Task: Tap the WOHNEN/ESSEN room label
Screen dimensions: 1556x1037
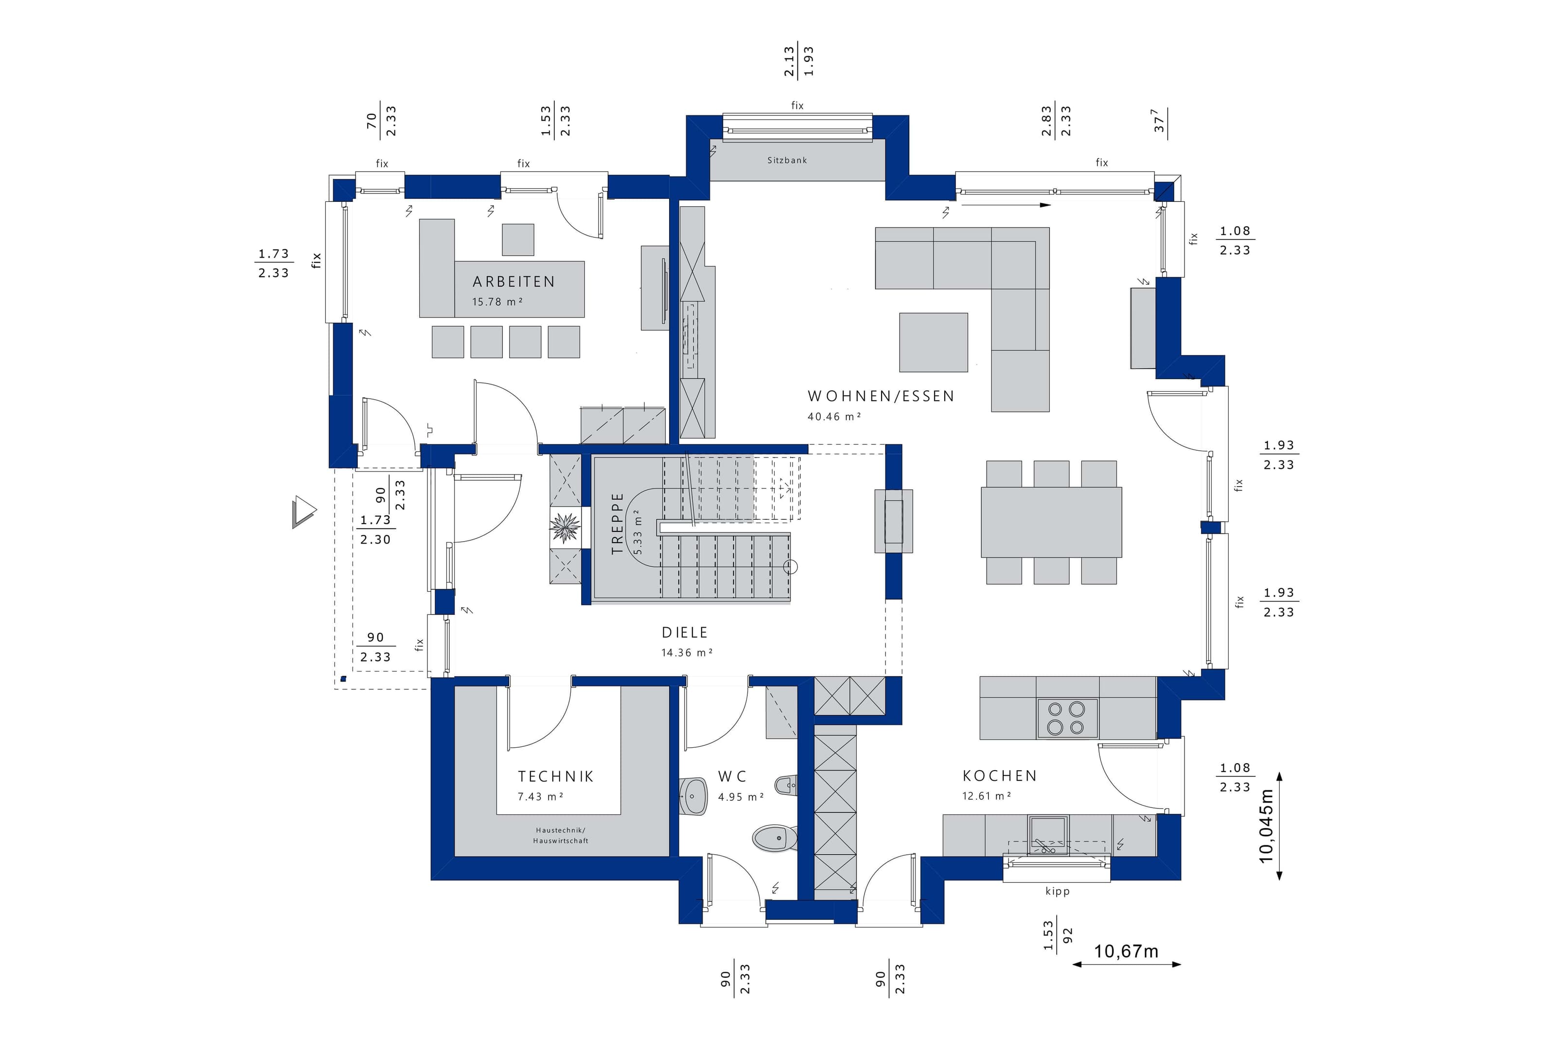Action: coord(881,396)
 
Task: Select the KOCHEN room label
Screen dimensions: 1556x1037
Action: coord(999,776)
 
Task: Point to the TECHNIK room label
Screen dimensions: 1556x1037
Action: coord(555,776)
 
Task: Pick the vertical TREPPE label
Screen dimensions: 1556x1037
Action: coord(617,523)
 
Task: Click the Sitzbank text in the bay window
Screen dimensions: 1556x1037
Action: coord(787,160)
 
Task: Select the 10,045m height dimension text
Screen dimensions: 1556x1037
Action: coord(1266,826)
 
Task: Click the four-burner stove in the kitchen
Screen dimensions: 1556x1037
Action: coord(1067,718)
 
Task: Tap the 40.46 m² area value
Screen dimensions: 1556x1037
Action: coord(834,417)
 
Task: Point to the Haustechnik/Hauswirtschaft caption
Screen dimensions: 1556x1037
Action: coord(560,835)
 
